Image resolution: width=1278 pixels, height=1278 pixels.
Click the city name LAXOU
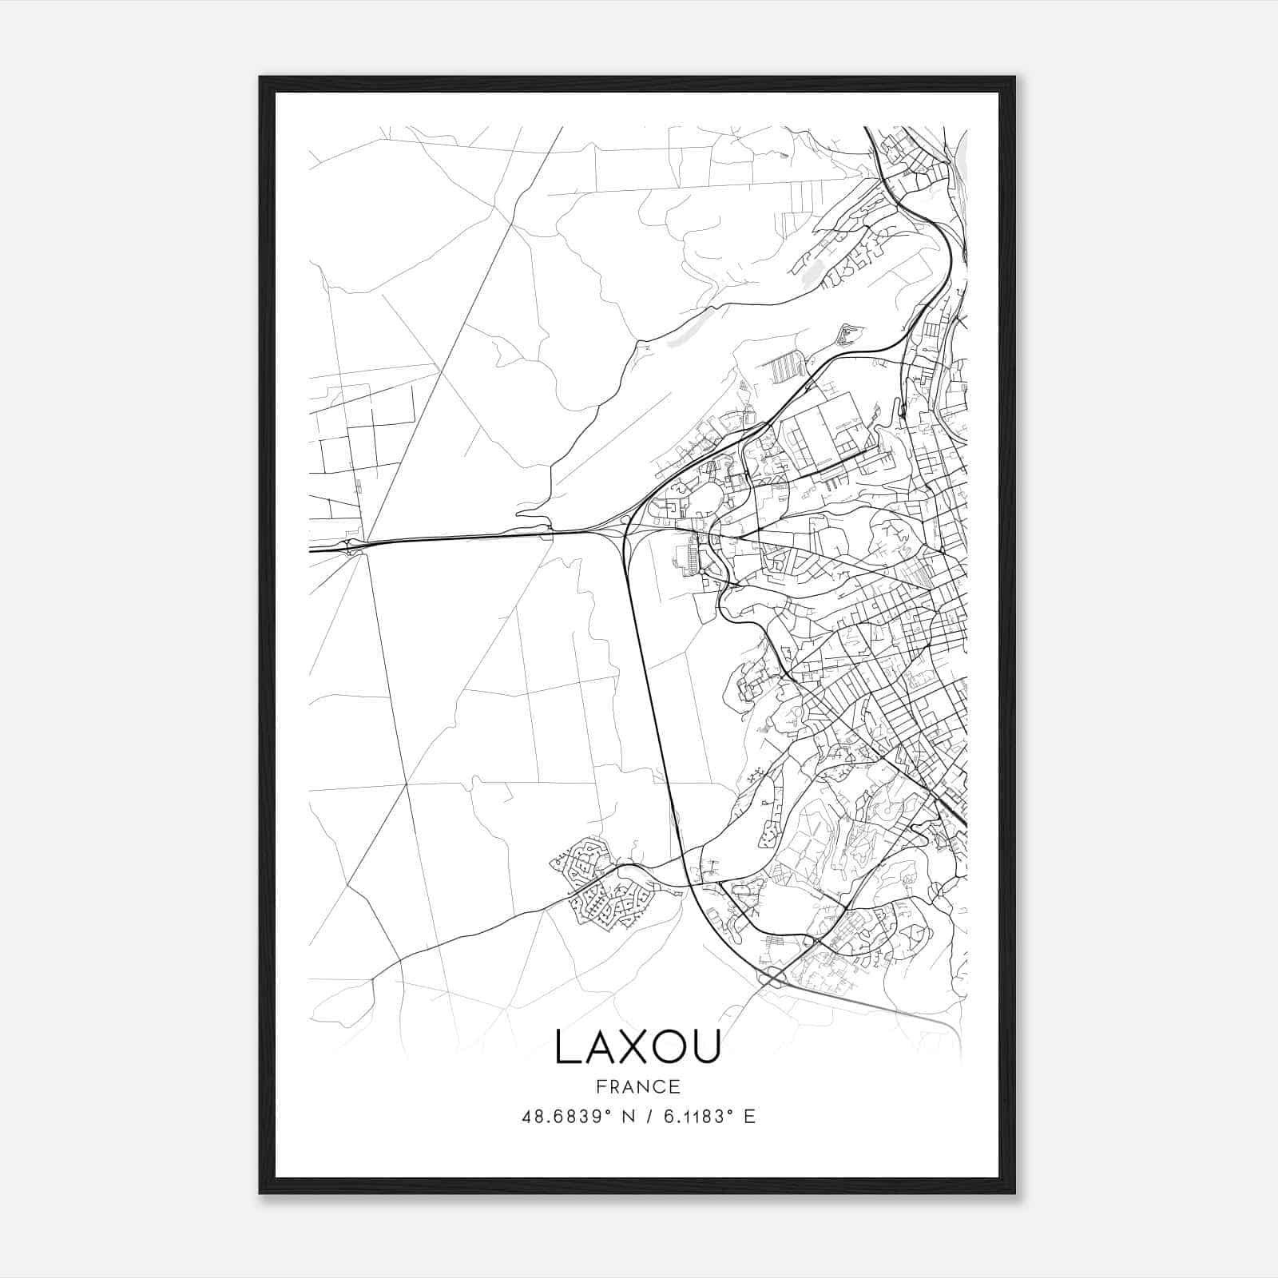click(637, 1047)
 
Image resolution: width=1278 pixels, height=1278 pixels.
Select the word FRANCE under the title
click(637, 1087)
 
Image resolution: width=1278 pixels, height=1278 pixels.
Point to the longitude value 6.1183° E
click(709, 1117)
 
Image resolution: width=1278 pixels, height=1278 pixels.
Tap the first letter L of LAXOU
click(566, 1047)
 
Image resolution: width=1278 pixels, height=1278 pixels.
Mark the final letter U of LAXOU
click(706, 1047)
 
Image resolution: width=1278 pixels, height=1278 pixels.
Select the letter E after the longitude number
click(749, 1117)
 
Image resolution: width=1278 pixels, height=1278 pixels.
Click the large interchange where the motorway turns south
click(627, 531)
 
